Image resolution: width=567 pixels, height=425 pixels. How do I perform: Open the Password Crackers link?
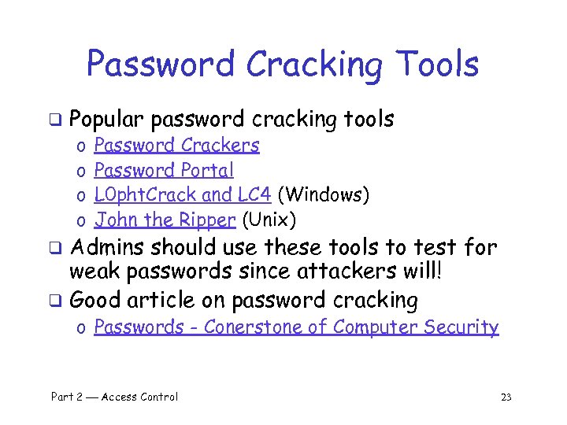pyautogui.click(x=176, y=146)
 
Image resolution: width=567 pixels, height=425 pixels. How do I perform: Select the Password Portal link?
pyautogui.click(x=164, y=170)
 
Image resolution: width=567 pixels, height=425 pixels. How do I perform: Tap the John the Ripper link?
pyautogui.click(x=165, y=219)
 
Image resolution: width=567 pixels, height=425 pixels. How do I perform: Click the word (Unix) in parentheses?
pyautogui.click(x=269, y=219)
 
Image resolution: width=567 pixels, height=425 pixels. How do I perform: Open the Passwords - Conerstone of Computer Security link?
pyautogui.click(x=296, y=327)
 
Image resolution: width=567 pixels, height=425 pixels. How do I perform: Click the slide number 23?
pyautogui.click(x=506, y=397)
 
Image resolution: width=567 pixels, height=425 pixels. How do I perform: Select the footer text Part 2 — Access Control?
pyautogui.click(x=114, y=397)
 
